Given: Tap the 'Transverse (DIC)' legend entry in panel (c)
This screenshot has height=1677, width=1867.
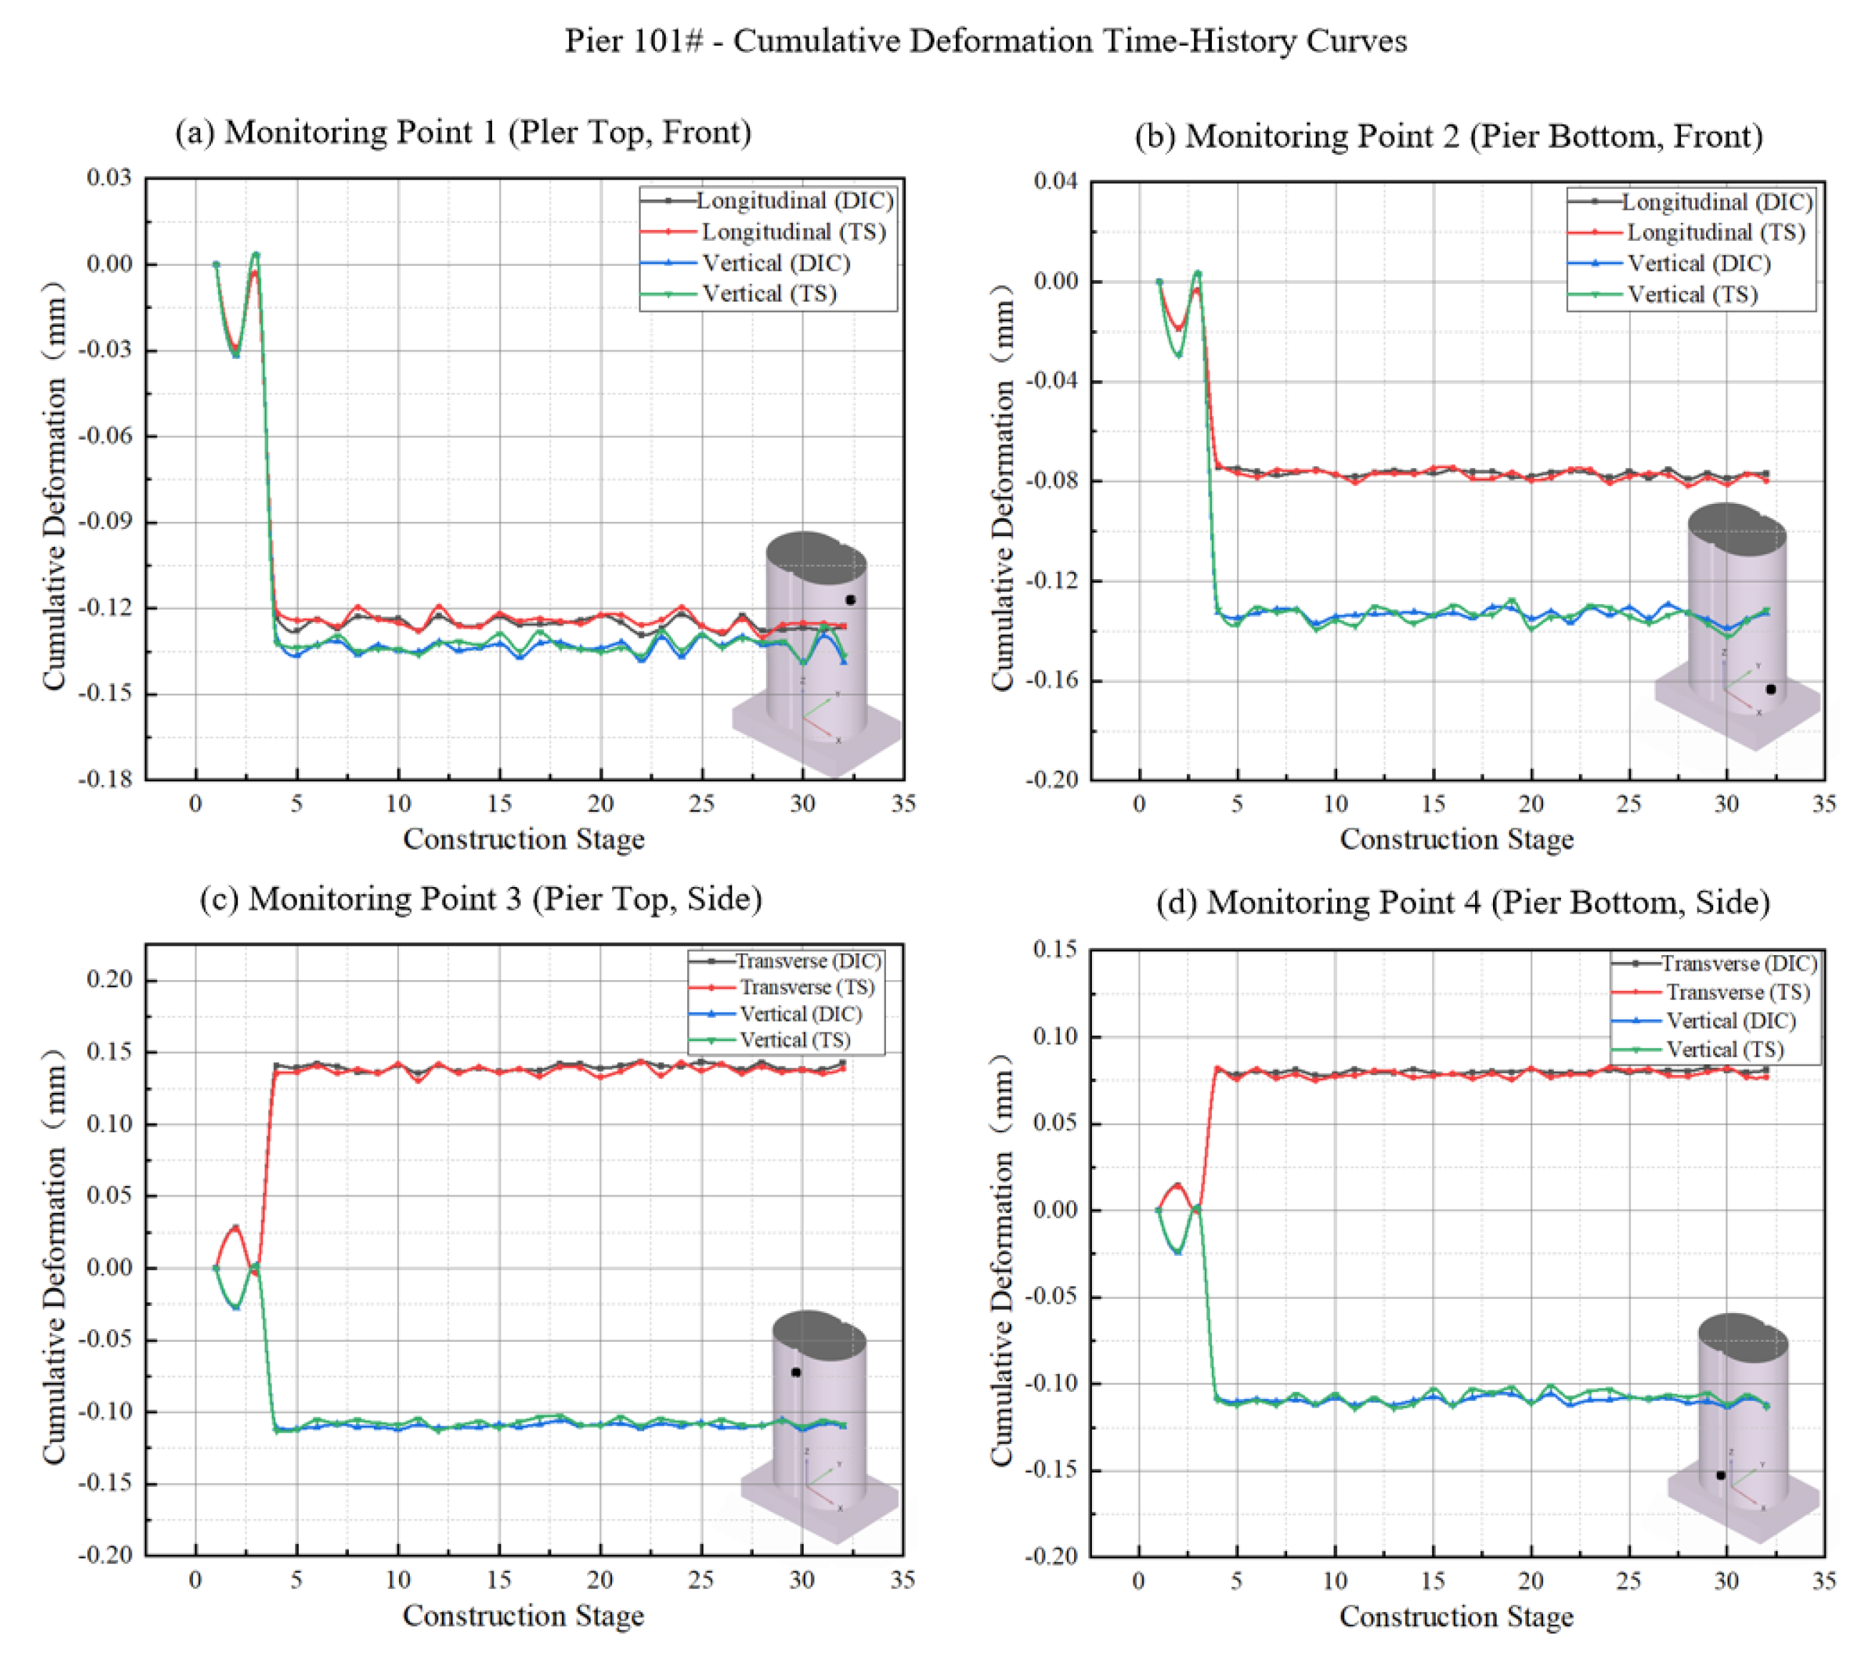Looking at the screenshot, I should tap(807, 961).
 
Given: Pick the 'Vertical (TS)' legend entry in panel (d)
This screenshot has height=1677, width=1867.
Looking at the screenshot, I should tap(1723, 1049).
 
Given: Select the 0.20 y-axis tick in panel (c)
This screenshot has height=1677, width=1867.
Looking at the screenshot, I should tap(109, 979).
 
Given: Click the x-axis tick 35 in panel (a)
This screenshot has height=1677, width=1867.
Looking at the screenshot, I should tap(903, 804).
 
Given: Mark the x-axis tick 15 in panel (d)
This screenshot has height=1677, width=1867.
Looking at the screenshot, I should tap(1432, 1581).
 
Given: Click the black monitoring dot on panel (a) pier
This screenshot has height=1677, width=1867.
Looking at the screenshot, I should tap(851, 600).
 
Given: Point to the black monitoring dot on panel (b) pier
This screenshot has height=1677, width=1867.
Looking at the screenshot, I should tap(1770, 689).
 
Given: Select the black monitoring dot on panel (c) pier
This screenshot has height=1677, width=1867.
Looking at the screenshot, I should tap(795, 1372).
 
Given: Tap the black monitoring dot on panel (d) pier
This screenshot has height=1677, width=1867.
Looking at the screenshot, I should tap(1720, 1475).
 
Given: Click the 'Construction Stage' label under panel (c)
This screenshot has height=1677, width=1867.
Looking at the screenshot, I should tap(523, 1616).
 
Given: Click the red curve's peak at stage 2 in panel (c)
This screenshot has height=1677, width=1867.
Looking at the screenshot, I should tap(236, 1227).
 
